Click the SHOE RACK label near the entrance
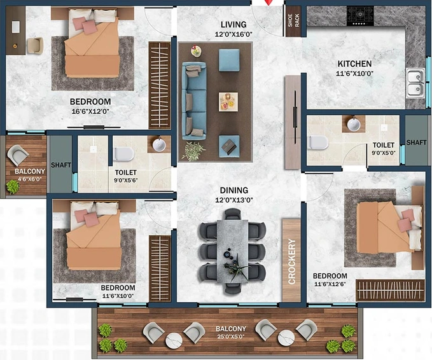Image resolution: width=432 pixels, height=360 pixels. point(293,20)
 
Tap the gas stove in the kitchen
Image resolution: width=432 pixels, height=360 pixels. point(360,16)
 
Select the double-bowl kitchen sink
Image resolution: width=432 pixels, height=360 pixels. point(415,83)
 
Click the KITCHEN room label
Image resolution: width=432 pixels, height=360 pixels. point(354,64)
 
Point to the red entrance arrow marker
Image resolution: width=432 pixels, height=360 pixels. point(268,3)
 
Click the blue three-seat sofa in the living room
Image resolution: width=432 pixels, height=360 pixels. point(194,100)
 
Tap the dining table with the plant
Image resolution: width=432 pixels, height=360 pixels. point(233,251)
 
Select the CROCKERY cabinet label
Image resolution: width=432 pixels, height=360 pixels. point(292,261)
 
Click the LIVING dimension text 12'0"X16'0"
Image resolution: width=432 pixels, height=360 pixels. point(233,35)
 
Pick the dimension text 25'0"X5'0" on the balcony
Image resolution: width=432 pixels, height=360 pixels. point(230,336)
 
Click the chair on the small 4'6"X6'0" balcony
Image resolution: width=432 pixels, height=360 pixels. point(18,155)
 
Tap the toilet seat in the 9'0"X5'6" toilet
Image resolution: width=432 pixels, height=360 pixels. point(123,154)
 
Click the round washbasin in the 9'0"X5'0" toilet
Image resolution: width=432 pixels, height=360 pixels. point(354,124)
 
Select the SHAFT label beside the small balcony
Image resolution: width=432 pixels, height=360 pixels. point(61,165)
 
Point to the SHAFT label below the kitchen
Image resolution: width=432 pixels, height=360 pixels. point(416,142)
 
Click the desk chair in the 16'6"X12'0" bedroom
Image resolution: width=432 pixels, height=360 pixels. point(36,45)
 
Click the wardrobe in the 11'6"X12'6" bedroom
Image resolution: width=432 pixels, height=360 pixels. point(391,290)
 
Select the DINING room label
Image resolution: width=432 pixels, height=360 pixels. point(234,190)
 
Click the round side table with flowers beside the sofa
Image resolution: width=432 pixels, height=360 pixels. point(196,52)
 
